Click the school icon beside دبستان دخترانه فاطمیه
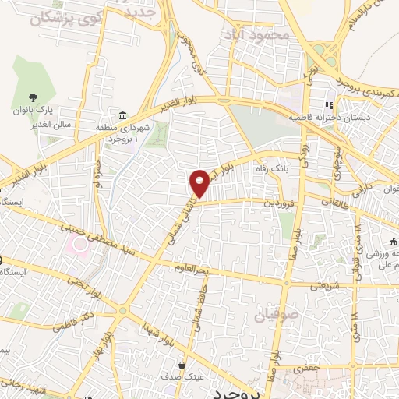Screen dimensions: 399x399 [x=329, y=104]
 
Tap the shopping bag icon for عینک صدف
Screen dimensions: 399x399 [x=182, y=365]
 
